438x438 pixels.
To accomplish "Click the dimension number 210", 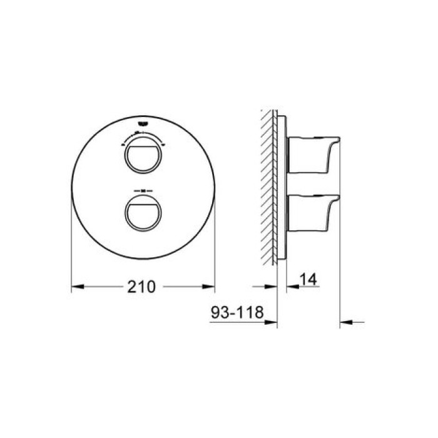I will pos(141,288).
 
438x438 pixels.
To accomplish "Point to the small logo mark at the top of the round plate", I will pos(143,125).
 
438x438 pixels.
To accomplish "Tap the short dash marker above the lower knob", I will pos(143,190).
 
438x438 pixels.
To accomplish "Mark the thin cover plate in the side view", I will pos(282,188).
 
